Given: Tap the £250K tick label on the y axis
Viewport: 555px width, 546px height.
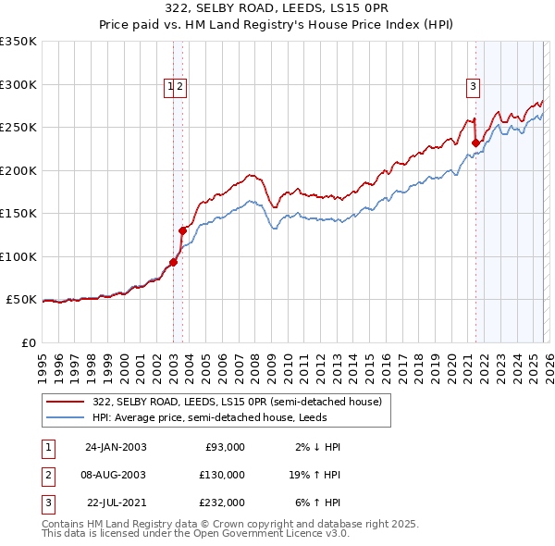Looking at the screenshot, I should (18, 128).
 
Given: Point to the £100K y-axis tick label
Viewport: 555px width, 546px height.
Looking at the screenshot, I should (18, 256).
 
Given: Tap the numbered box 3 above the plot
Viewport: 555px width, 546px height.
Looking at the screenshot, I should (473, 88).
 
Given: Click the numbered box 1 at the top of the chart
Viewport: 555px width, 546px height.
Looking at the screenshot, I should (170, 88).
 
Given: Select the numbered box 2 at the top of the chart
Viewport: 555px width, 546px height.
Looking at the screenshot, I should (179, 88).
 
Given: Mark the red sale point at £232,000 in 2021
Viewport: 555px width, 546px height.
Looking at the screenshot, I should (475, 143).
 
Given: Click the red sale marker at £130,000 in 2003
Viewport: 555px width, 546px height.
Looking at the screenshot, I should (182, 230).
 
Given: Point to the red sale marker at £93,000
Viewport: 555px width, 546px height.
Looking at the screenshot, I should (174, 263).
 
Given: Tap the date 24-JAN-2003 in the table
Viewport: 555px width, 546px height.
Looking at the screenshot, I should (116, 447).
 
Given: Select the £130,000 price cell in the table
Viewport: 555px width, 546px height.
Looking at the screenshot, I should (222, 475).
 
